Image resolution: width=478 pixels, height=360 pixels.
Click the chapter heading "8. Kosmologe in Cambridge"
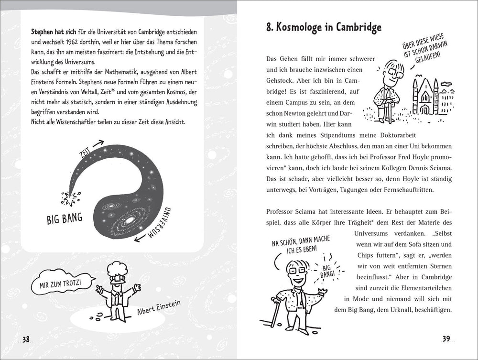pos(324,27)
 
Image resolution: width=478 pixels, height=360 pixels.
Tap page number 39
pos(446,339)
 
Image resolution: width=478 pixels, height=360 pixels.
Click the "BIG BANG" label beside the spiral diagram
pos(65,218)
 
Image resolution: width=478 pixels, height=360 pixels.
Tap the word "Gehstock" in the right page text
pos(281,91)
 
